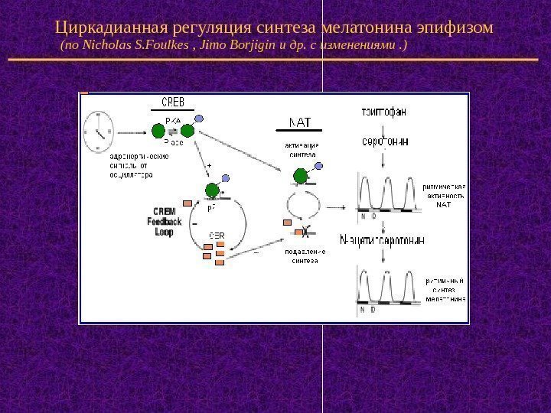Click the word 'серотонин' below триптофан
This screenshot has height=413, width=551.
coord(384,141)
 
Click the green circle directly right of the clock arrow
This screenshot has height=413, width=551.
coord(158,130)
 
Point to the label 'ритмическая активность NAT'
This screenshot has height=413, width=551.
coord(444,195)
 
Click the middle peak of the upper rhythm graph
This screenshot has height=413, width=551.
coord(388,193)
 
